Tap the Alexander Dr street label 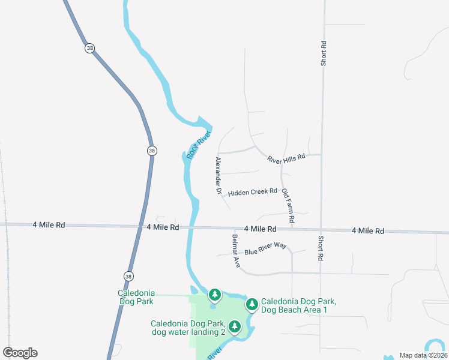tap(219, 176)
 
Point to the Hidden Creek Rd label tap(252, 191)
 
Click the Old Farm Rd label tap(288, 206)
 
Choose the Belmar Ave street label tap(236, 251)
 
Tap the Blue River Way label tap(265, 248)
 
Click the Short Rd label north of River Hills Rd tap(324, 53)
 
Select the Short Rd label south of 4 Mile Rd tap(320, 248)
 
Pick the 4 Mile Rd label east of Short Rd tap(368, 230)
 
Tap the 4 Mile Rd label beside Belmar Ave tap(260, 229)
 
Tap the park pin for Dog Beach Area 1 tap(252, 305)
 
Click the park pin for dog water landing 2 tap(235, 326)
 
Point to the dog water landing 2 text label tap(188, 327)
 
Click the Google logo tap(20, 353)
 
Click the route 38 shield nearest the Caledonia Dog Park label tap(128, 276)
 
